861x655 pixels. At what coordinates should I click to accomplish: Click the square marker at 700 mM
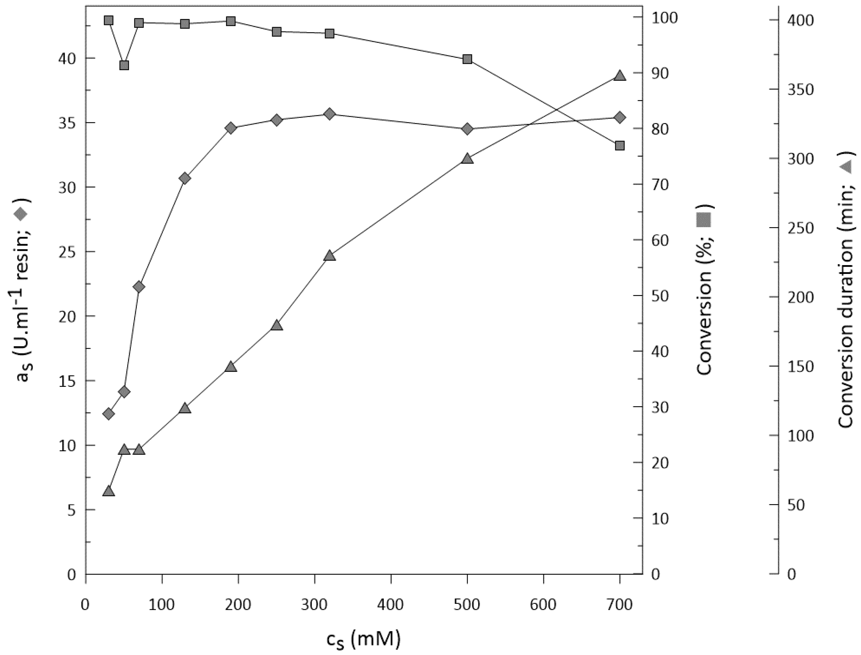[x=620, y=146]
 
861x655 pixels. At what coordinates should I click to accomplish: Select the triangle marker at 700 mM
[x=620, y=76]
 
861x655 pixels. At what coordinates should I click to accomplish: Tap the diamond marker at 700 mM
[x=620, y=117]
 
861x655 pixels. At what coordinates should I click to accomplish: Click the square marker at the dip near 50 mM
[x=124, y=65]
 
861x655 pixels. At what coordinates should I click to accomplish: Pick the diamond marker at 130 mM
[x=185, y=178]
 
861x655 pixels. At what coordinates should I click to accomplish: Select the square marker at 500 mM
[x=467, y=59]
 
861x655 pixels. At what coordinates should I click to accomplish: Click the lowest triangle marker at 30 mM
[x=109, y=491]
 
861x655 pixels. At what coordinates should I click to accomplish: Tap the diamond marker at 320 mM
[x=330, y=114]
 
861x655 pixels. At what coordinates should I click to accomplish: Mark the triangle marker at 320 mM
[x=330, y=256]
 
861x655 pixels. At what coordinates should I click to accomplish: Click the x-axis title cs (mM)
[x=363, y=639]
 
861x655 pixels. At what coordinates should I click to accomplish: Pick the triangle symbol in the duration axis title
[x=845, y=167]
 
